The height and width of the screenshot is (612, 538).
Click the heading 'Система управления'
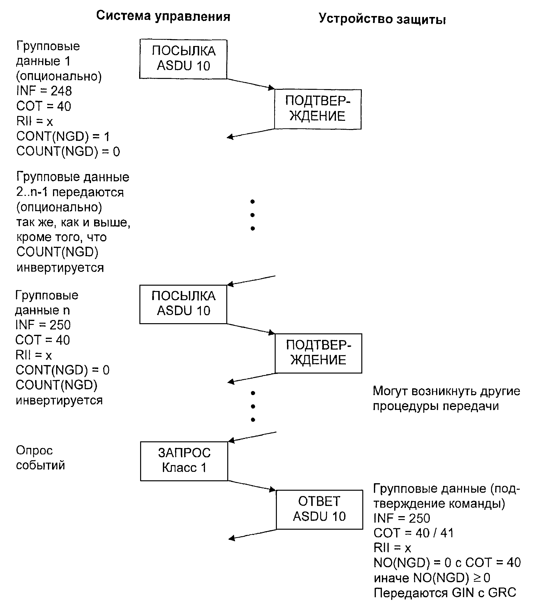[x=163, y=16]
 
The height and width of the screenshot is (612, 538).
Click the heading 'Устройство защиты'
[x=382, y=19]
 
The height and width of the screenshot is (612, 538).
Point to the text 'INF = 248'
[x=44, y=91]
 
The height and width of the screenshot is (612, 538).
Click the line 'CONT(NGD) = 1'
[x=63, y=136]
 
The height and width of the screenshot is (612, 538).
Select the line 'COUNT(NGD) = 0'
[x=68, y=151]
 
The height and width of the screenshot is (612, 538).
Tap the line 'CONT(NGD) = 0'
[x=62, y=370]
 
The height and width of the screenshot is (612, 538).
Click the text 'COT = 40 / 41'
[x=413, y=533]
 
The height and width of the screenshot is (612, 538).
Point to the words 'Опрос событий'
[x=40, y=458]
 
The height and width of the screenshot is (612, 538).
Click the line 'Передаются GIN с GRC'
[x=445, y=593]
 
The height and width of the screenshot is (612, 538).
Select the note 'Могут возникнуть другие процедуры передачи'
[x=446, y=398]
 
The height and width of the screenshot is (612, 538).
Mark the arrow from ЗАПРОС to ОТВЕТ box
[x=252, y=486]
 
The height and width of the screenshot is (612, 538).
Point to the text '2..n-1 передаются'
[x=70, y=192]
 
